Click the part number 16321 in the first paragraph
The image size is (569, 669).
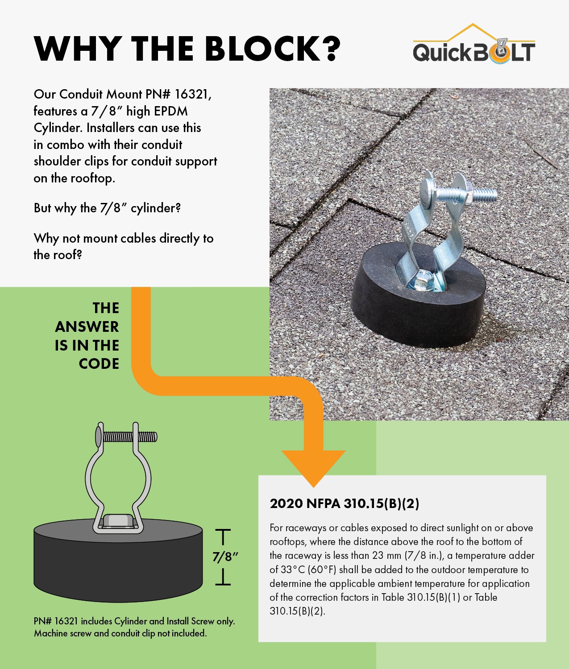click(x=193, y=94)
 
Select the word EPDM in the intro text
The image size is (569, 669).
click(x=170, y=111)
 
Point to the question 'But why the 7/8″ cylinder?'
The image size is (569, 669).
click(x=107, y=208)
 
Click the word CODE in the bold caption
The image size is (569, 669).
click(x=99, y=364)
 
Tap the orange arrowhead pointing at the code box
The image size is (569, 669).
click(x=313, y=468)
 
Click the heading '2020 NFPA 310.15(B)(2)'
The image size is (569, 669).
click(x=344, y=504)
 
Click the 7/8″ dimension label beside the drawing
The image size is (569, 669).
click(x=225, y=557)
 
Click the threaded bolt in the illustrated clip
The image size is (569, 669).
click(x=126, y=437)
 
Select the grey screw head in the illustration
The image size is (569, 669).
click(x=119, y=521)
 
